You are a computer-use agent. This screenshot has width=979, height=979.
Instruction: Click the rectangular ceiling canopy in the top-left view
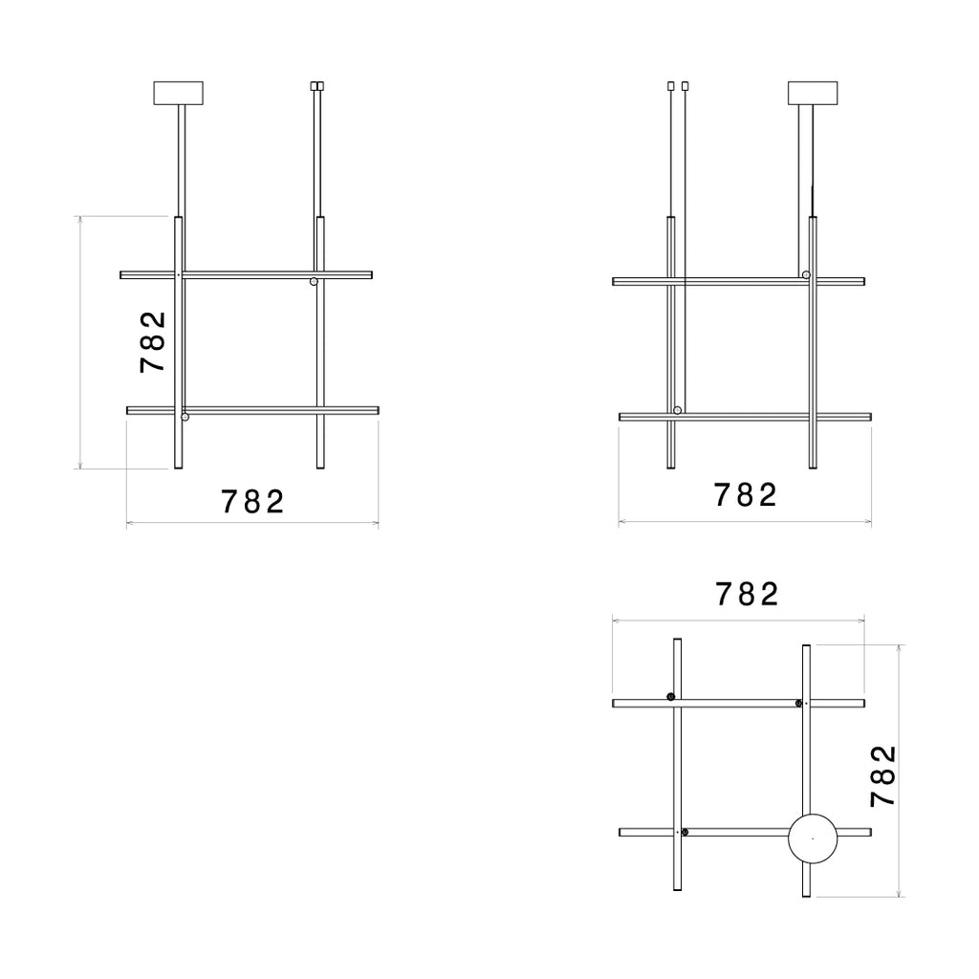coord(179,93)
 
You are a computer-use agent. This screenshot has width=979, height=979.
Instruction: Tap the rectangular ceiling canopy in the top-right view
coord(813,93)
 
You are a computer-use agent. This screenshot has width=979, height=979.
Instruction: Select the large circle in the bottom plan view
coord(813,838)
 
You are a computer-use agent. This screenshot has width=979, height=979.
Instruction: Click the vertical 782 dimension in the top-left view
coord(152,342)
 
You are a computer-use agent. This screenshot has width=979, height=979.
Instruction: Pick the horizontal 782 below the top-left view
coord(252,501)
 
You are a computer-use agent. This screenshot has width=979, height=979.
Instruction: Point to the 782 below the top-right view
coord(745,494)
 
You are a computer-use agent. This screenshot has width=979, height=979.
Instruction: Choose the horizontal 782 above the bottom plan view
coord(747,594)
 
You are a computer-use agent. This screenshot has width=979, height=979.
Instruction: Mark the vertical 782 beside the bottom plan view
coord(883,776)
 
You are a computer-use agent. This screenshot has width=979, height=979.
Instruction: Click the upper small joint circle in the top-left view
coord(314,282)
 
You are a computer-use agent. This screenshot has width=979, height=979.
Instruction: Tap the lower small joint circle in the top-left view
coord(185,417)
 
